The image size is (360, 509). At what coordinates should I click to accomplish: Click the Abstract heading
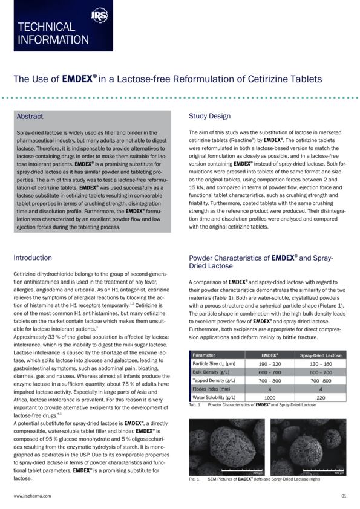click(x=30, y=116)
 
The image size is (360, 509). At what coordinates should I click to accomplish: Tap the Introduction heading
click(x=33, y=258)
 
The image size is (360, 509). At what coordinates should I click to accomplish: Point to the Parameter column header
click(x=204, y=355)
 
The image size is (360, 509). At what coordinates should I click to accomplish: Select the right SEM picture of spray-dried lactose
click(x=308, y=447)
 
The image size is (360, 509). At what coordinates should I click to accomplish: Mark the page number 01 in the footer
click(x=343, y=495)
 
